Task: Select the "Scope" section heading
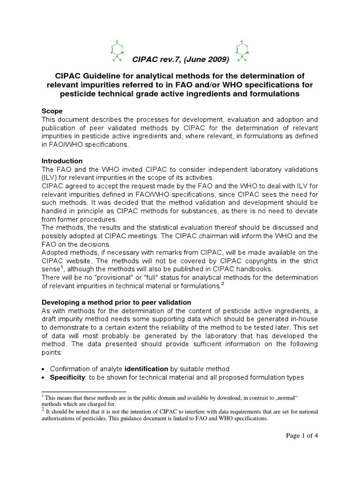pyautogui.click(x=52, y=111)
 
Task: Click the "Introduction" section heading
pyautogui.click(x=62, y=161)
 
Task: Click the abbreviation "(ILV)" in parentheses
pyautogui.click(x=51, y=178)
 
